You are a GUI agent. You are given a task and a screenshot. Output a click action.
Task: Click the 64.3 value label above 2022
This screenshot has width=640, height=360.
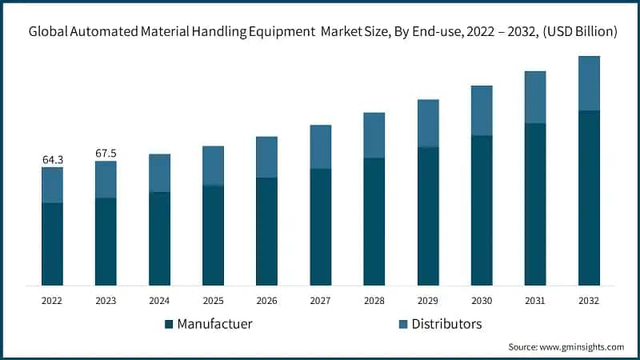pos(53,160)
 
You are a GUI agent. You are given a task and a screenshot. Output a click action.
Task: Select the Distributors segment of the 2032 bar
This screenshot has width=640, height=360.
pos(589,83)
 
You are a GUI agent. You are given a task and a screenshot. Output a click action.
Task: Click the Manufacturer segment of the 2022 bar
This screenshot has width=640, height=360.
pos(53,244)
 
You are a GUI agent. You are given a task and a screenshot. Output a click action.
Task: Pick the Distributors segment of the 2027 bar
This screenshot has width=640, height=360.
pos(321,146)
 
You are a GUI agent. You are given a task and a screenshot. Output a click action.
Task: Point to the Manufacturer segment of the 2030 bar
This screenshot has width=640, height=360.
pos(482,210)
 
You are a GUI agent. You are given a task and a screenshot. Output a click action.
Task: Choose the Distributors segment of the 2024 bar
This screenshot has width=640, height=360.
pos(160,173)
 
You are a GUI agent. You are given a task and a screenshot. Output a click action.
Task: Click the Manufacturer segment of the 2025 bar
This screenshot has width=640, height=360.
pos(214,235)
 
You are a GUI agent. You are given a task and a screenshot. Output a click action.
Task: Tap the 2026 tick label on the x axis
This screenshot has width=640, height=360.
pos(267,301)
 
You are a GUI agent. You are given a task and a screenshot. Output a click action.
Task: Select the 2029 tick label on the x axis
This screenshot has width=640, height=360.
pos(428,301)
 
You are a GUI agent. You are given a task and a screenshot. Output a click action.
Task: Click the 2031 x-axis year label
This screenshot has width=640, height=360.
pos(535,301)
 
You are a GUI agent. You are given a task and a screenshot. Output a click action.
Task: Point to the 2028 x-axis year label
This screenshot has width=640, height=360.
pos(374,301)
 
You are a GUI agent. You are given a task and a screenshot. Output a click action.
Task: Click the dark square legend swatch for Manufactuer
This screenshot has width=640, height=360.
pos(169,324)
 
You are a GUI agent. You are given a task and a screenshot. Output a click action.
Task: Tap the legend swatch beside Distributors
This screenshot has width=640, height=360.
pos(403,324)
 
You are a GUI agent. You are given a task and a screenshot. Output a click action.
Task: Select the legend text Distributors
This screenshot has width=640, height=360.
pos(447,324)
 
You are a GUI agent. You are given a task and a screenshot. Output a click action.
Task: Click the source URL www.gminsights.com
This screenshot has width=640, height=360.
pos(583,347)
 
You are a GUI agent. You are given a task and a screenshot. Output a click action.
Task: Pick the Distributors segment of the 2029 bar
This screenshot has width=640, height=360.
pos(428,123)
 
